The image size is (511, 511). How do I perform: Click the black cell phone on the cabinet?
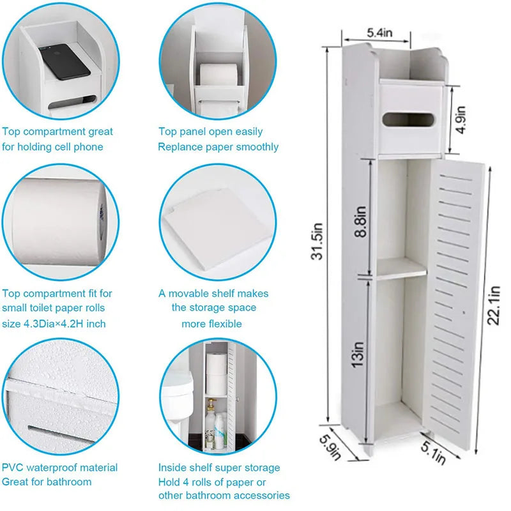pyautogui.click(x=63, y=62)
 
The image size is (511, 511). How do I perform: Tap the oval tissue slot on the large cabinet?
pyautogui.click(x=400, y=119)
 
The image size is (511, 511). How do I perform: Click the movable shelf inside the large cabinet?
pyautogui.click(x=400, y=273)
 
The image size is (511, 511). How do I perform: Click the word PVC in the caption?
pyautogui.click(x=13, y=468)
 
